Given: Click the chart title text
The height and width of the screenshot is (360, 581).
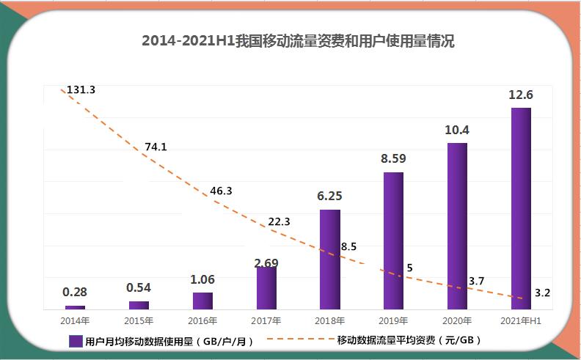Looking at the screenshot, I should [297, 41].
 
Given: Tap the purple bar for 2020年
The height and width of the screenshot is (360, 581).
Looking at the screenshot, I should [457, 226].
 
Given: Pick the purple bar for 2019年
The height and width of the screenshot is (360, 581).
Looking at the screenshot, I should [393, 240].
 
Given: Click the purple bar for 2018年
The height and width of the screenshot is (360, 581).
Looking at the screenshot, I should [330, 259].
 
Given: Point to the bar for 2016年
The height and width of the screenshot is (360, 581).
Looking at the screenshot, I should [202, 301].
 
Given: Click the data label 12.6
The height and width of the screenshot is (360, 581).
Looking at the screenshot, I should [521, 95].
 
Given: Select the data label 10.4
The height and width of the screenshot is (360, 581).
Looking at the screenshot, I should [457, 130].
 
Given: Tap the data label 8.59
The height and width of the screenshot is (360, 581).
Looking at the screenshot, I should [393, 158].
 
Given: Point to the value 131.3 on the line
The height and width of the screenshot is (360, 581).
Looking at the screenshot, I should [81, 89].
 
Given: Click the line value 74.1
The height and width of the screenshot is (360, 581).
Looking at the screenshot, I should [156, 147].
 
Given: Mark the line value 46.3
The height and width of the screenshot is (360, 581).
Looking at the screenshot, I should [221, 191].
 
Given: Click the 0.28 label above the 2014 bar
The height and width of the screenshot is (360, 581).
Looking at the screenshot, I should [75, 292].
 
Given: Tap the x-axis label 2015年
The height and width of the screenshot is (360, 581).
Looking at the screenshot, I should [139, 320].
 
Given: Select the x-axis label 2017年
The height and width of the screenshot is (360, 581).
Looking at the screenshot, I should [266, 320].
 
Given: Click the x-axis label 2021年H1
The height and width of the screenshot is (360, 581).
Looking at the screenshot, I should [520, 320].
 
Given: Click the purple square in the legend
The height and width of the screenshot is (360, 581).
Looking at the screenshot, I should [75, 341].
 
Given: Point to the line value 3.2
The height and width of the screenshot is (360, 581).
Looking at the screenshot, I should [543, 293].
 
